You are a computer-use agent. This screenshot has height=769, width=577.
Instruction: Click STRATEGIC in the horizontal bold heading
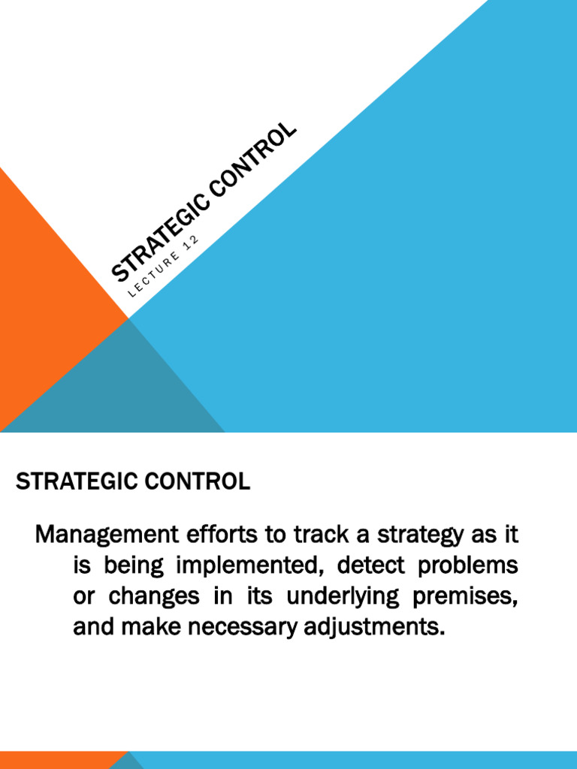pos(71,482)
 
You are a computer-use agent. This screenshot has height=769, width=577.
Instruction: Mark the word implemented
pos(247,566)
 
